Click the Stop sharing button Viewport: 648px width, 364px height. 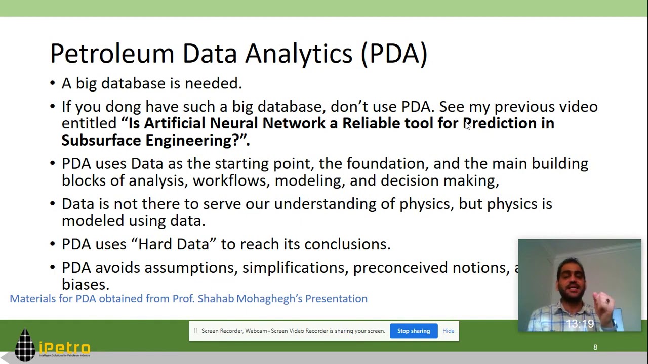pos(413,331)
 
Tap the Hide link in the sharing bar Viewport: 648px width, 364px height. pos(448,331)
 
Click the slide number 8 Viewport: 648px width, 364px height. pos(595,347)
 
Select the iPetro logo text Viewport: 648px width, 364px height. pos(64,348)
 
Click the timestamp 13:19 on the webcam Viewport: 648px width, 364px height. pos(579,324)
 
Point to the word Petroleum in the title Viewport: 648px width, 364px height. pos(112,53)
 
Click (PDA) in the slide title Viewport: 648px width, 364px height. pos(394,53)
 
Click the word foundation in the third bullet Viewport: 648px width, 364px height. pos(387,163)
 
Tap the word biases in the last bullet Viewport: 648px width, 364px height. pos(85,284)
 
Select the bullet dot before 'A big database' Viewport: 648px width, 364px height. pos(53,83)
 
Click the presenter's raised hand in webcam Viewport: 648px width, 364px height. pos(604,303)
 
